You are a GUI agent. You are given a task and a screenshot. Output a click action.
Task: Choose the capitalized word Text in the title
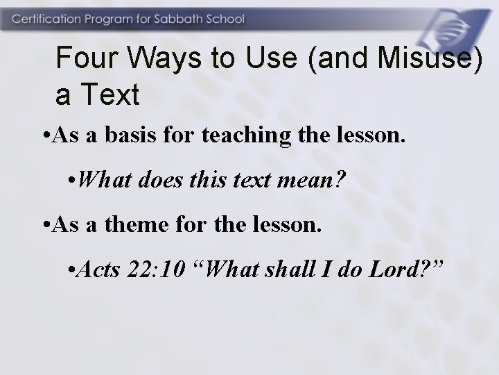pyautogui.click(x=112, y=95)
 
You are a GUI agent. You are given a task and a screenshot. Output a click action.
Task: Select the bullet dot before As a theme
pyautogui.click(x=45, y=226)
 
